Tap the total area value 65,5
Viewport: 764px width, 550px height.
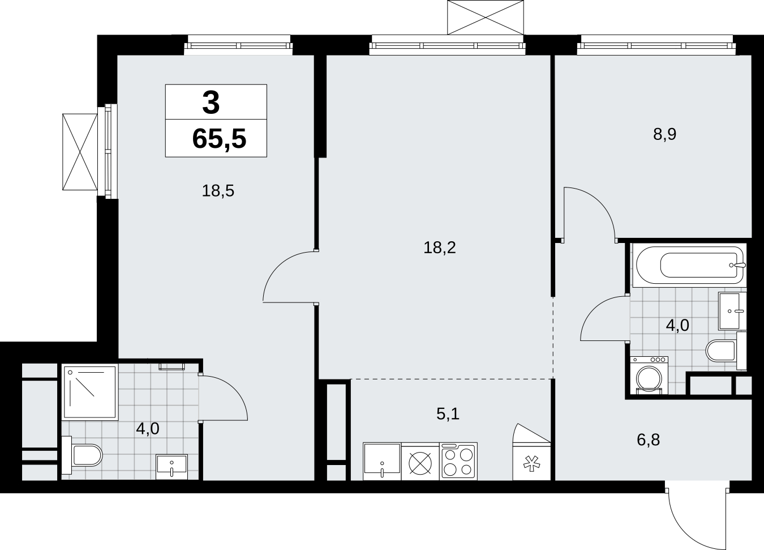tap(220, 139)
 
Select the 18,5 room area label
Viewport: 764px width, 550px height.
tap(218, 191)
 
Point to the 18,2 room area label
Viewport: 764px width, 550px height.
tap(440, 248)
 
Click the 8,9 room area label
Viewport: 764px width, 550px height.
tap(665, 134)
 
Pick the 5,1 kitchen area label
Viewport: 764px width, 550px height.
tap(448, 414)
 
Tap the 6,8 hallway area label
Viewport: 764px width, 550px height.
tap(649, 440)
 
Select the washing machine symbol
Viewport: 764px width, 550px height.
tap(649, 375)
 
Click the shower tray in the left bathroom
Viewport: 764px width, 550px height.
tap(90, 392)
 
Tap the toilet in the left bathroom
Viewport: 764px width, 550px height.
tap(82, 455)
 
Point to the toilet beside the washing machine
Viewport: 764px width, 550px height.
tap(726, 351)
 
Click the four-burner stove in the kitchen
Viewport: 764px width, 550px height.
tap(458, 461)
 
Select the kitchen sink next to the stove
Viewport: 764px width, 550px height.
tap(382, 461)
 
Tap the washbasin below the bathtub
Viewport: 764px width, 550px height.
tap(732, 311)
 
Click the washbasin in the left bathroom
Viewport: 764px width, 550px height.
tap(171, 467)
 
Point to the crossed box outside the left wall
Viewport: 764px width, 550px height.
tap(80, 152)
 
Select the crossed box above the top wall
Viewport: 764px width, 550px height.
tap(486, 18)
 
